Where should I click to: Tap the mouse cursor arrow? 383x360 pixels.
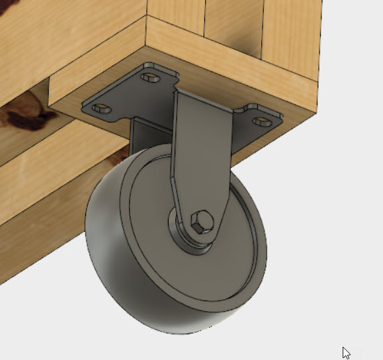(346, 352)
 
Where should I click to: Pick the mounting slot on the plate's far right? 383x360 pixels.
(262, 121)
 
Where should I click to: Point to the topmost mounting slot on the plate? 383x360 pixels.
(151, 77)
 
